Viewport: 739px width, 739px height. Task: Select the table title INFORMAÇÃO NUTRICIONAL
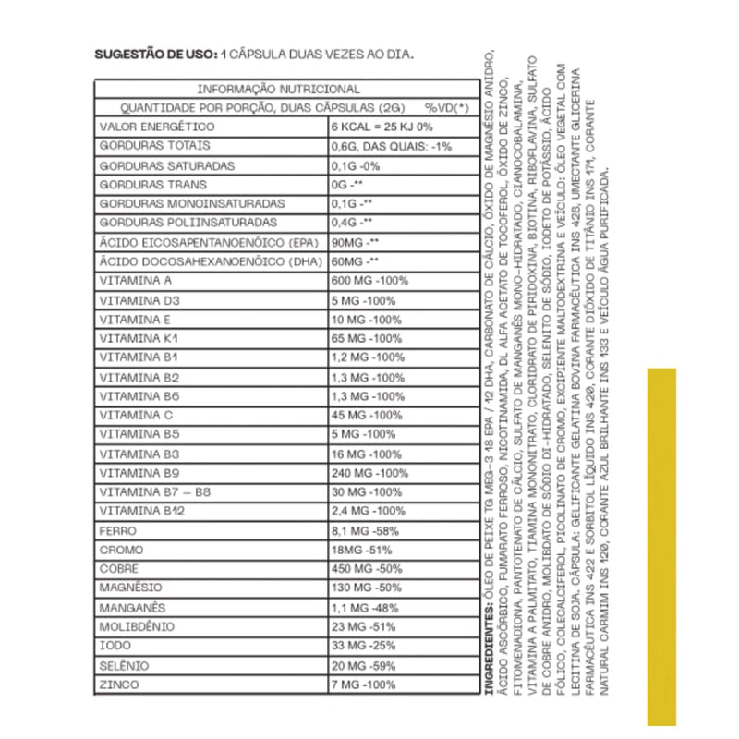click(x=279, y=89)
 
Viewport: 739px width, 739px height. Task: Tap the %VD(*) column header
click(x=447, y=107)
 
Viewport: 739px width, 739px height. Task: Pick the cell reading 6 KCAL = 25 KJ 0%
click(x=382, y=127)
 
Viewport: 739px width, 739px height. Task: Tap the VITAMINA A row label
click(x=136, y=281)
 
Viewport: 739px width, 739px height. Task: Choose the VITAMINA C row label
click(x=136, y=415)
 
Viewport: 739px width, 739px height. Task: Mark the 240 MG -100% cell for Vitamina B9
click(x=369, y=472)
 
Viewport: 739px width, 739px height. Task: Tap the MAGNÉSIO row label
click(x=130, y=588)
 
